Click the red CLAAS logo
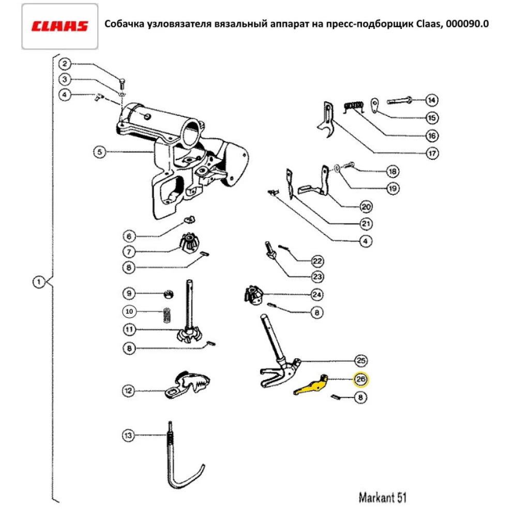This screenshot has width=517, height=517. point(59,26)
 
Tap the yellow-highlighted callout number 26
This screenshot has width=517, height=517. point(360,379)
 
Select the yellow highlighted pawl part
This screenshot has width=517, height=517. point(313,386)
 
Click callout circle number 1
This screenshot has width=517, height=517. point(38,282)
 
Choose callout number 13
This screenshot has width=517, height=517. point(128,435)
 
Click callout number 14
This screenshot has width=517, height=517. point(432,100)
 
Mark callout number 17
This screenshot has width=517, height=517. point(432,154)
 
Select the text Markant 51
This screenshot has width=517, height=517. point(383,498)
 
